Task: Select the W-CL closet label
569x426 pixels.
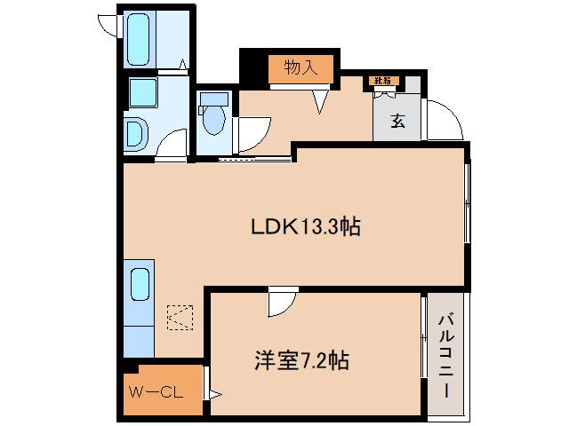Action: click(x=155, y=390)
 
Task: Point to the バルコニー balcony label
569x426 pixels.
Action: click(x=445, y=355)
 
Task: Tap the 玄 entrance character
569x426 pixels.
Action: click(x=397, y=120)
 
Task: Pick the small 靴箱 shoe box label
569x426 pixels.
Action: click(x=383, y=82)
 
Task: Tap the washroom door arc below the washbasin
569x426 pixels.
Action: click(x=175, y=142)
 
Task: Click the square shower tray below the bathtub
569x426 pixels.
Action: click(x=142, y=92)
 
